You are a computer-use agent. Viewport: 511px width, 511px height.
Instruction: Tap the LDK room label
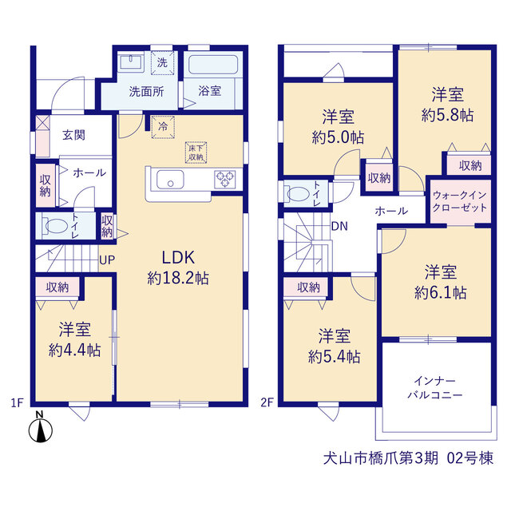coord(178,258)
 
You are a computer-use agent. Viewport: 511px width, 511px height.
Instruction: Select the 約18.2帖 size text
coord(178,278)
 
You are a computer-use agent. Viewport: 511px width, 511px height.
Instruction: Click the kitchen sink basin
coord(170,180)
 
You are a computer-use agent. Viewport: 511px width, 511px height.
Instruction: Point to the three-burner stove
coord(225,179)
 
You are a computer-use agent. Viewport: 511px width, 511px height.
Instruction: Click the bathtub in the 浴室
coord(213,65)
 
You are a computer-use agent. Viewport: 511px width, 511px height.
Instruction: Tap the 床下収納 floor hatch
coord(196,153)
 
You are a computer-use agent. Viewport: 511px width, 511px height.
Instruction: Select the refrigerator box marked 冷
coord(163,127)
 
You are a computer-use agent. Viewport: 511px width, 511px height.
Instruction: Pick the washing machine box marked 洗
coord(162,62)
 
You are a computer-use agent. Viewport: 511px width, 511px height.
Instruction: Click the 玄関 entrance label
coord(74,135)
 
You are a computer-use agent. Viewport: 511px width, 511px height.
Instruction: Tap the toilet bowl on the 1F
coord(55,226)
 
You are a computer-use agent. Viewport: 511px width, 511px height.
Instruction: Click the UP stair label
coord(107,260)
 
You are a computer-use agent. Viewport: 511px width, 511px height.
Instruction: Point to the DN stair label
coord(339,226)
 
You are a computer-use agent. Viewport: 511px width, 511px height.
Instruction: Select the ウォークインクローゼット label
coord(460,201)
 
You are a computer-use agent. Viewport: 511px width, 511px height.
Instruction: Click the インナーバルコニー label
coord(434,388)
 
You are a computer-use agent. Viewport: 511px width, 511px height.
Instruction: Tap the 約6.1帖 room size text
coord(440,293)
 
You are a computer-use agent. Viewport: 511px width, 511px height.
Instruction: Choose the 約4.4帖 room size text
coord(74,351)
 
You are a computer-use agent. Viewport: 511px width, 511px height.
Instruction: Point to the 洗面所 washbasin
coord(131,62)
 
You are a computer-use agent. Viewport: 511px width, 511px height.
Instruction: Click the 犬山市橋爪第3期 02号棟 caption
coord(408,458)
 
